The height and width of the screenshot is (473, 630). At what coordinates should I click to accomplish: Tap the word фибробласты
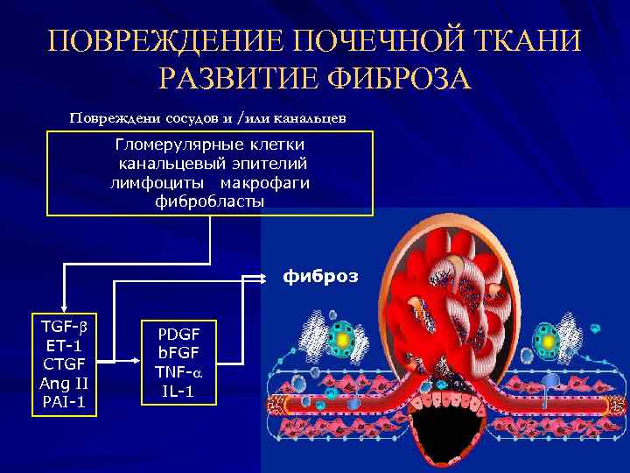coord(209,201)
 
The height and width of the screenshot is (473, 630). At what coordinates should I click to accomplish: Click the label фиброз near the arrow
coord(319,277)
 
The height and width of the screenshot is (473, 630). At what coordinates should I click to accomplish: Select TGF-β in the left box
coord(65,326)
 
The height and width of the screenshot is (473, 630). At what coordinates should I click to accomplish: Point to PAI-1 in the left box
coord(65,402)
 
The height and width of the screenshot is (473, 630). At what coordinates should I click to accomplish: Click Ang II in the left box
coord(65,383)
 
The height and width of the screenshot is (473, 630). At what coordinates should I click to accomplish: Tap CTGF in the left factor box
coord(65,364)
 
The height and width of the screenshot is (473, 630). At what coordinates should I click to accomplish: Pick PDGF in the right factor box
coord(178,335)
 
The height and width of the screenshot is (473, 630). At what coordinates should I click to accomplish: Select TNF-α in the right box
coord(178,373)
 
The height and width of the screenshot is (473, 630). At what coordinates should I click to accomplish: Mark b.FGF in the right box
coord(178,354)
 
